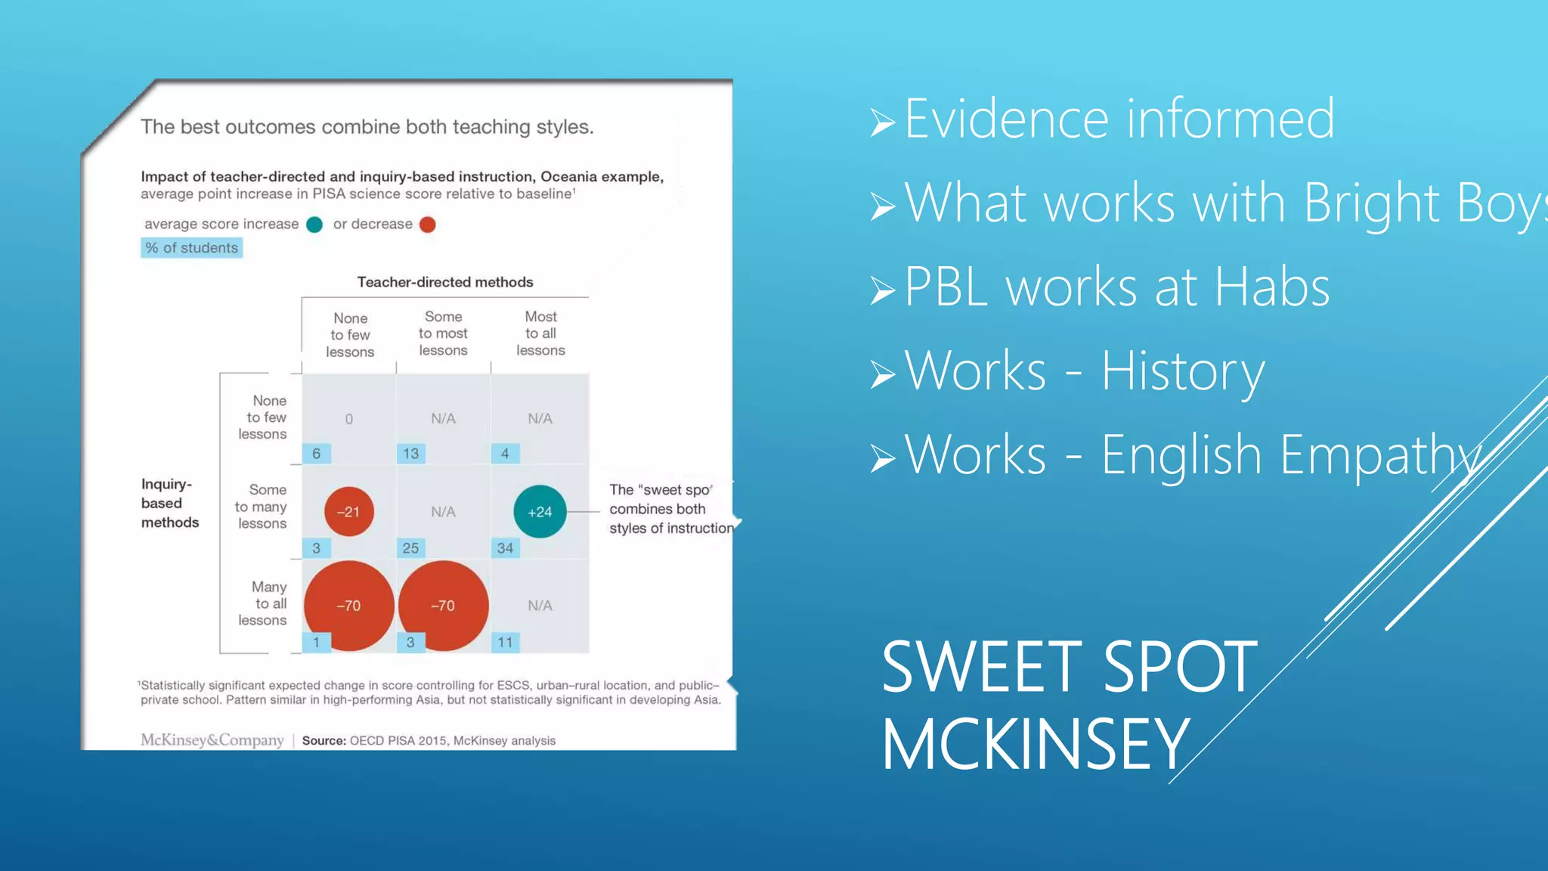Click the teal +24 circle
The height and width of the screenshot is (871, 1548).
click(x=540, y=512)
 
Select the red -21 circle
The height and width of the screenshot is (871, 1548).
click(x=348, y=512)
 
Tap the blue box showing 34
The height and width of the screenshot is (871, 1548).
click(x=505, y=548)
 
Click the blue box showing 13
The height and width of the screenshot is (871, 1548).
click(x=410, y=454)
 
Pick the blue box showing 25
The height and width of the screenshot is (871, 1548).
click(x=410, y=548)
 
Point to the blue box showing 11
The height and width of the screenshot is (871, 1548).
click(x=505, y=643)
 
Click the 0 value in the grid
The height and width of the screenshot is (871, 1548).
click(x=348, y=419)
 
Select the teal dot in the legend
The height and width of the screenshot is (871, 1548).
click(x=314, y=225)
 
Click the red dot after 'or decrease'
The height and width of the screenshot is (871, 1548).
click(x=427, y=225)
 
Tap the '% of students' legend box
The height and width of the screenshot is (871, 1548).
click(x=191, y=248)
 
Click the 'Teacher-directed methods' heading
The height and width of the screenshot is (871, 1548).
click(x=444, y=282)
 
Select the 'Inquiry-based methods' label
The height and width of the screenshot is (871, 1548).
click(x=169, y=503)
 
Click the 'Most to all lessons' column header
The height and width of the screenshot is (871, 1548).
click(x=540, y=333)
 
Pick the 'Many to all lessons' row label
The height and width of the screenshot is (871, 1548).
click(x=264, y=603)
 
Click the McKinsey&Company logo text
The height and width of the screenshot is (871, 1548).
click(x=212, y=740)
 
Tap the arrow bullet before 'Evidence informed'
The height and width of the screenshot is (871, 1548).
click(x=882, y=122)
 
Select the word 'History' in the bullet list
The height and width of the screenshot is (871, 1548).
click(x=1182, y=371)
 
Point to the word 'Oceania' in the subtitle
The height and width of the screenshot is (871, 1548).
click(x=566, y=176)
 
